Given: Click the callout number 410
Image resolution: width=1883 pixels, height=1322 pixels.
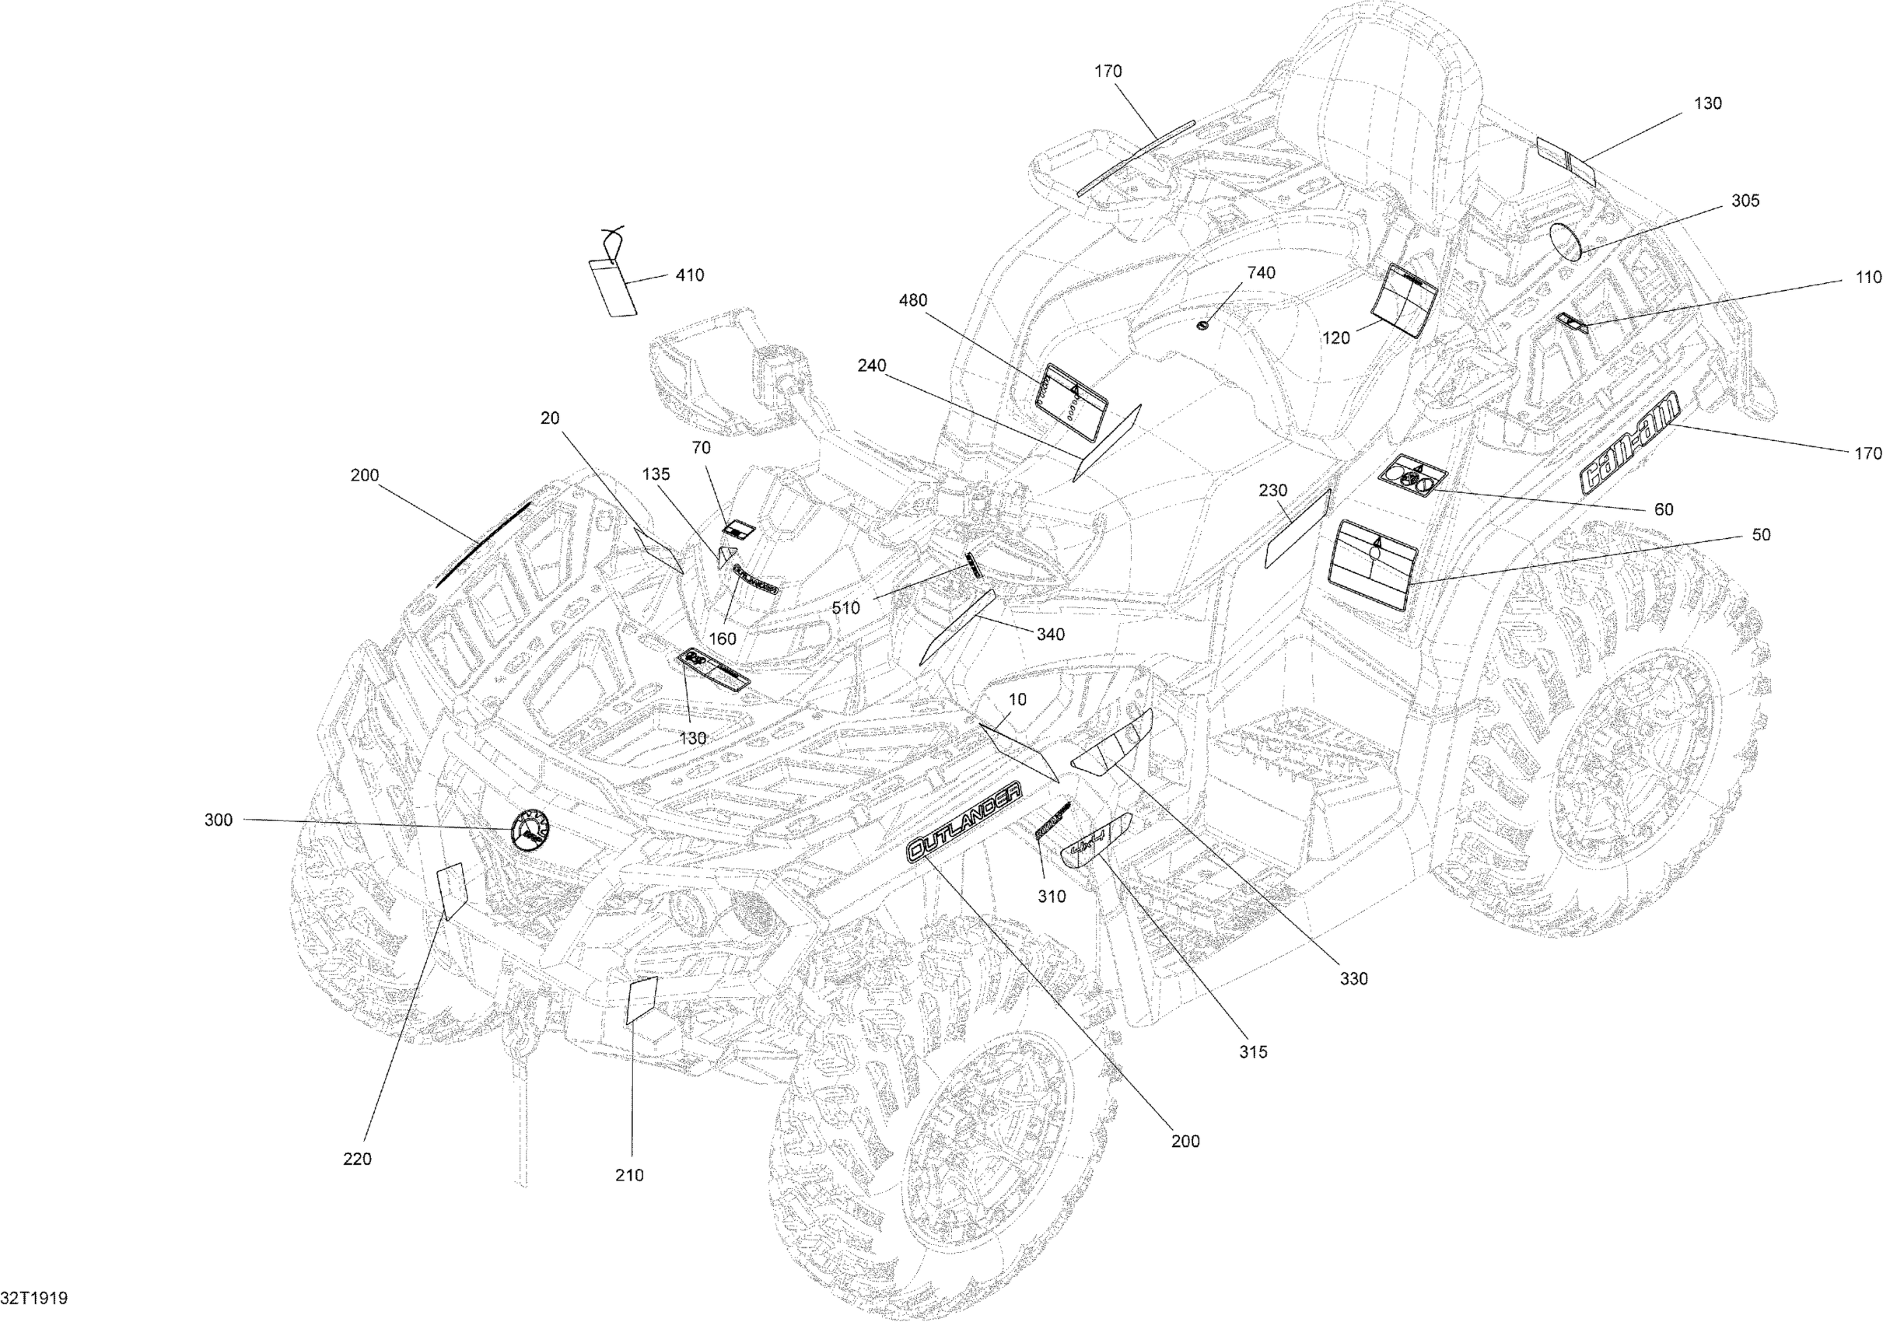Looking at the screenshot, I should coord(689,275).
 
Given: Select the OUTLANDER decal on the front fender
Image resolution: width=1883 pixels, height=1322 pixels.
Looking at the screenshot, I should coord(964,821).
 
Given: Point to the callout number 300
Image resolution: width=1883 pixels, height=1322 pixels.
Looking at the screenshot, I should coord(218,820).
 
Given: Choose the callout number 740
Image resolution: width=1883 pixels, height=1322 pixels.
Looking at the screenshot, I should coord(1262,272).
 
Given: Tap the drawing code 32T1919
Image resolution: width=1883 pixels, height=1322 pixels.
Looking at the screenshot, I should coord(34,1298).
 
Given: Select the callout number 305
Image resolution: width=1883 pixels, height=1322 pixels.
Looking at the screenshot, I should coord(1745,201).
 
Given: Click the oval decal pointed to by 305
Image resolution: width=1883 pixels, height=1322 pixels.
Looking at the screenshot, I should coord(1566,243).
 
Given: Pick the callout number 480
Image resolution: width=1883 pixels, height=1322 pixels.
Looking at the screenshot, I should coord(913,300).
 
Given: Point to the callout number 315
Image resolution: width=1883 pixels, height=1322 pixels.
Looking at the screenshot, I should coord(1253,1051).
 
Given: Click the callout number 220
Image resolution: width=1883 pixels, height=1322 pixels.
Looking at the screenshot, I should coord(357,1159).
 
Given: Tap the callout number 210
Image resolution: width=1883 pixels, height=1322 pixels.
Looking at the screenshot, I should coord(629,1175).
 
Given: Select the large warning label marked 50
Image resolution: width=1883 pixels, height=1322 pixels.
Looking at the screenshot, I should coord(1374,565).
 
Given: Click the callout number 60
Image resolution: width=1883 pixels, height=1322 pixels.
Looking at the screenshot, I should coord(1663,509).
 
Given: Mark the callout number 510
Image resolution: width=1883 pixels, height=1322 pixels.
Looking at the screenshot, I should coord(845,607).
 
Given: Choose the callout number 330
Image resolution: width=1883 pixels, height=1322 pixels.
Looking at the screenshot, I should coord(1354,978).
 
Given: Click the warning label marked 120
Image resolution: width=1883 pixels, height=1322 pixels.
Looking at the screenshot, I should coord(1405,299).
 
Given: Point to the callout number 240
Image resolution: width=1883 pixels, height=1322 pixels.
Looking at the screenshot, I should coord(872,365).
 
